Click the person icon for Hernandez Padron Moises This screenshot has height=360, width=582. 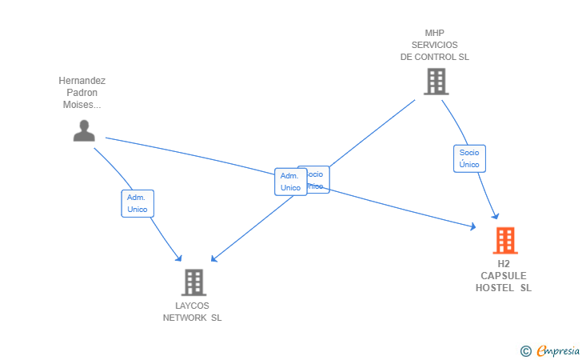[84, 130]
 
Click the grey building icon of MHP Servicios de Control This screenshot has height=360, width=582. [436, 82]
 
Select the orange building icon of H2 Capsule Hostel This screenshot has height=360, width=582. [505, 240]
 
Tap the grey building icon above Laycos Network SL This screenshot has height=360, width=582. [193, 282]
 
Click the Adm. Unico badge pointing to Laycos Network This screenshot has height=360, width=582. [138, 203]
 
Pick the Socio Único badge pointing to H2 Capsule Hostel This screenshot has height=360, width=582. [469, 158]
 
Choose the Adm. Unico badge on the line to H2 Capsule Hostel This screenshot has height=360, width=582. [290, 182]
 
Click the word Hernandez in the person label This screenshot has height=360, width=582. [82, 81]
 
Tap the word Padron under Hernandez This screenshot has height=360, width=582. [82, 93]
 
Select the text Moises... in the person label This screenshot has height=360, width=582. [82, 105]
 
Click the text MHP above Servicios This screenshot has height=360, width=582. [435, 34]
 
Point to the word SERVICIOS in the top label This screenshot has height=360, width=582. [435, 45]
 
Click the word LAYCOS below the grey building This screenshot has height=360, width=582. [192, 306]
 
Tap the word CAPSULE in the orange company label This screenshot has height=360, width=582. [504, 276]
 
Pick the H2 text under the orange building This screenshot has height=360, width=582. [504, 264]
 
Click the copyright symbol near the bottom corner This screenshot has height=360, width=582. [525, 350]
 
